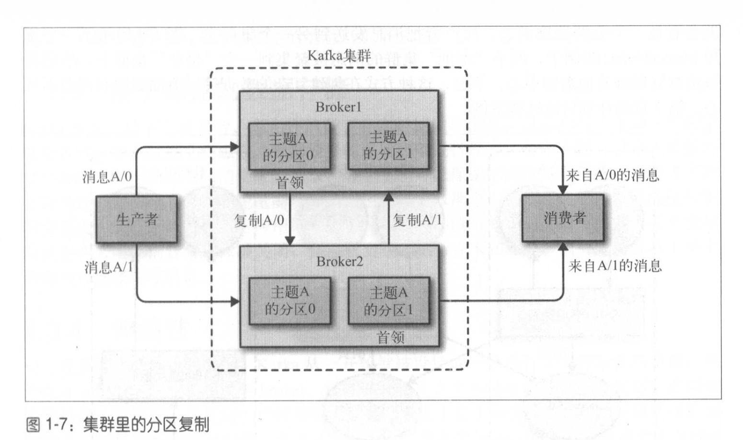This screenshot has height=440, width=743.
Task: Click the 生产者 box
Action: pyautogui.click(x=137, y=219)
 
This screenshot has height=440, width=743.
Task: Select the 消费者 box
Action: pyautogui.click(x=563, y=218)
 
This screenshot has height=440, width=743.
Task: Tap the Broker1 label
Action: pyautogui.click(x=338, y=107)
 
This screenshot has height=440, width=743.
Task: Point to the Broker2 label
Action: pyautogui.click(x=339, y=262)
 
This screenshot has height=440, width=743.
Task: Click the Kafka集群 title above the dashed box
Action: pyautogui.click(x=339, y=56)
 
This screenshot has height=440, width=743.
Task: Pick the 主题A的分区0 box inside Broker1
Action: pyautogui.click(x=289, y=146)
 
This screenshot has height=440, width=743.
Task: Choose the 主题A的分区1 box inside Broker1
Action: pyautogui.click(x=388, y=146)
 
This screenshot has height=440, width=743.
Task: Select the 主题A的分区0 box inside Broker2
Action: pyautogui.click(x=290, y=301)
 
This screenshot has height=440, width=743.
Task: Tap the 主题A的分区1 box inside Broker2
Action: pyautogui.click(x=388, y=301)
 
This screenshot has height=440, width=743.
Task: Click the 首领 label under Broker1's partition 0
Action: pyautogui.click(x=290, y=183)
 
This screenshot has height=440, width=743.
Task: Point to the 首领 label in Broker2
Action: pyautogui.click(x=391, y=337)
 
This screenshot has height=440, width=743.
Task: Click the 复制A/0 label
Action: pyautogui.click(x=259, y=220)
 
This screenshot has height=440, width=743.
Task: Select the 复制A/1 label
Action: pyautogui.click(x=417, y=220)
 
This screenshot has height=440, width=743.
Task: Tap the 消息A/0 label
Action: pyautogui.click(x=107, y=177)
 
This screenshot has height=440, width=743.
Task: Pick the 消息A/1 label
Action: pyautogui.click(x=109, y=267)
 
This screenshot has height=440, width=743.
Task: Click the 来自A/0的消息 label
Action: pyautogui.click(x=612, y=175)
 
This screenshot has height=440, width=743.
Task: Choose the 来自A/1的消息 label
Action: pyautogui.click(x=615, y=266)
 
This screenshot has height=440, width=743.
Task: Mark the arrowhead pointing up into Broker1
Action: pyautogui.click(x=389, y=197)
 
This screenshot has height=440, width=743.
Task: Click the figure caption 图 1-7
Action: pyautogui.click(x=118, y=425)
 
